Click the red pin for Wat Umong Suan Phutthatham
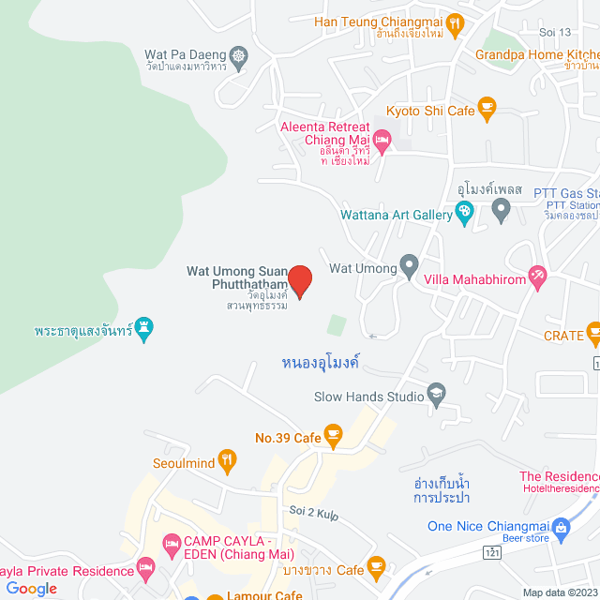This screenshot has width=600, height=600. tap(299, 279)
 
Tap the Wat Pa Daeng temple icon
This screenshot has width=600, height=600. tap(239, 56)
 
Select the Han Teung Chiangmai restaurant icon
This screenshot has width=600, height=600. tap(455, 22)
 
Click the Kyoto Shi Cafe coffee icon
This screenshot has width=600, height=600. tap(487, 110)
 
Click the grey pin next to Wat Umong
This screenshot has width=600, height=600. tap(409, 267)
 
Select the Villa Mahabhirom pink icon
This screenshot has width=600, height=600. tap(537, 277)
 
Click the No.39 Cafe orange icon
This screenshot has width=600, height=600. tap(332, 436)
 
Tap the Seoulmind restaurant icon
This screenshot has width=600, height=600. tap(226, 460)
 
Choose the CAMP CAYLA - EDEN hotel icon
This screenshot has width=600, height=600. tap(172, 544)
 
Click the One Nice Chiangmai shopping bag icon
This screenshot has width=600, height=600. tap(561, 527)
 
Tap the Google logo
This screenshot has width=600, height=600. tap(31, 588)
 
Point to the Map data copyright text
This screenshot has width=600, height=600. tap(560, 592)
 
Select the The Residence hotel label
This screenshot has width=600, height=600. tap(559, 477)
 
